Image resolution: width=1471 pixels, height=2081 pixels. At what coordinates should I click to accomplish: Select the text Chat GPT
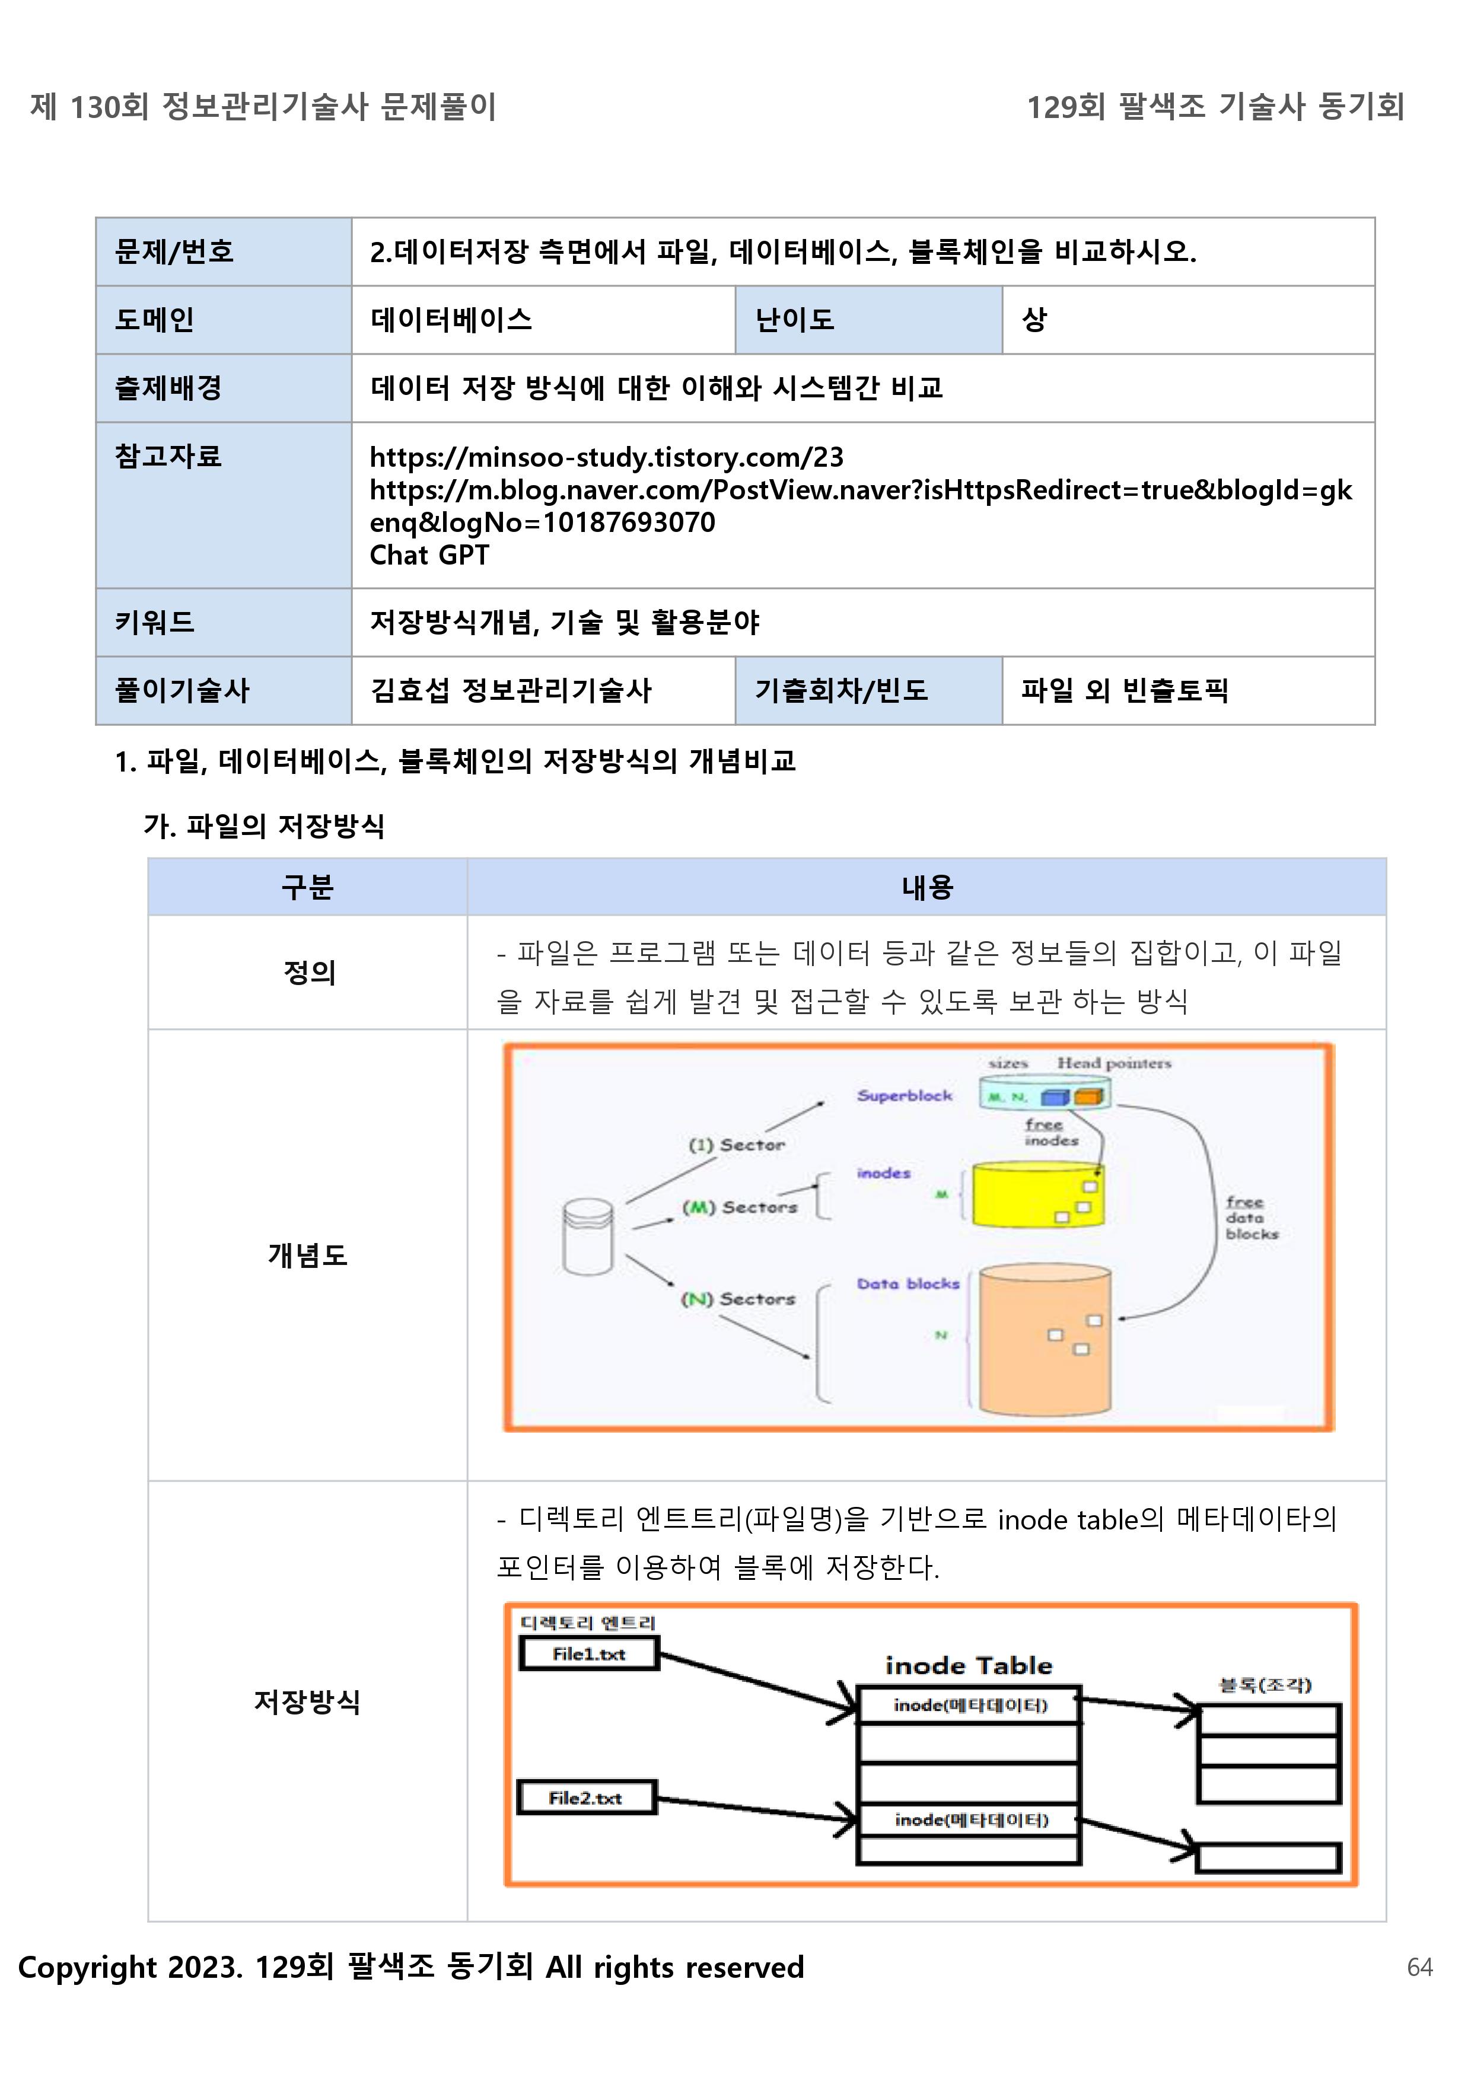[x=429, y=554]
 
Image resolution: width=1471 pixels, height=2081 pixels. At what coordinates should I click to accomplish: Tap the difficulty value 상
[x=1034, y=319]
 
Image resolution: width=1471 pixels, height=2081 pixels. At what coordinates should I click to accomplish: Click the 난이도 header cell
[x=794, y=320]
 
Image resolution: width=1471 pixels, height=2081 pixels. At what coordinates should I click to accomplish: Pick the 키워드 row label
[x=154, y=622]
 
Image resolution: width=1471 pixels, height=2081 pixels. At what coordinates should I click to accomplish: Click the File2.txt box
[x=585, y=1798]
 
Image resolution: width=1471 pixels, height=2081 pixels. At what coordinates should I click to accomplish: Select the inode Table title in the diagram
[x=968, y=1665]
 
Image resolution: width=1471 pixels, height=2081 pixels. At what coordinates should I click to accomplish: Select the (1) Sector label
[x=736, y=1145]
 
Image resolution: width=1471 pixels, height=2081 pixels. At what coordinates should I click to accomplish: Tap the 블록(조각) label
[x=1265, y=1685]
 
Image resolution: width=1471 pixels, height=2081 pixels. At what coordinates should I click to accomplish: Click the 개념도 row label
[x=307, y=1254]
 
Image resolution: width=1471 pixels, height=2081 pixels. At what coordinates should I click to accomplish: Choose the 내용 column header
[x=926, y=887]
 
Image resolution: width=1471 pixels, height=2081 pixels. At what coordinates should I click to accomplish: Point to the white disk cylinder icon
[x=587, y=1237]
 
